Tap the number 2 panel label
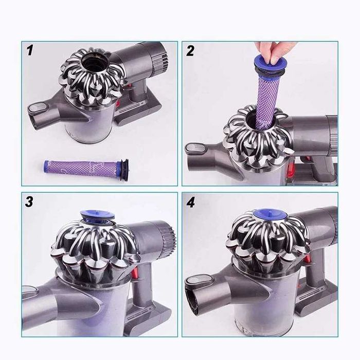[x=190, y=50]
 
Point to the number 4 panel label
[x=191, y=202]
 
